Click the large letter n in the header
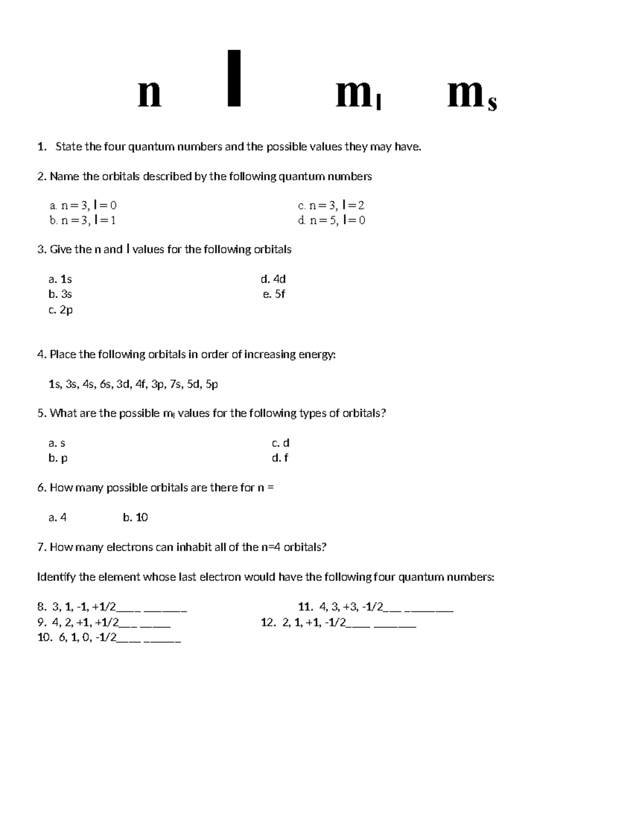pyautogui.click(x=149, y=95)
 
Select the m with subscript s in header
pyautogui.click(x=472, y=97)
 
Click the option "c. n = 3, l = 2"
pyautogui.click(x=331, y=206)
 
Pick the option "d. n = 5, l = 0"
pyautogui.click(x=331, y=220)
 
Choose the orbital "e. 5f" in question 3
pyautogui.click(x=274, y=294)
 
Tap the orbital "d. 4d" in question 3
pyautogui.click(x=273, y=279)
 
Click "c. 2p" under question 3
pyautogui.click(x=60, y=310)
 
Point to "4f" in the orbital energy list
pyautogui.click(x=140, y=384)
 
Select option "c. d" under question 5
pyautogui.click(x=280, y=443)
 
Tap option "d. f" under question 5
pyautogui.click(x=280, y=458)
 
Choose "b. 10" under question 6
pyautogui.click(x=135, y=517)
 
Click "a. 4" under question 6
pyautogui.click(x=57, y=517)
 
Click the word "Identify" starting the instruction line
pyautogui.click(x=56, y=577)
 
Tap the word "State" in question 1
pyautogui.click(x=69, y=147)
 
